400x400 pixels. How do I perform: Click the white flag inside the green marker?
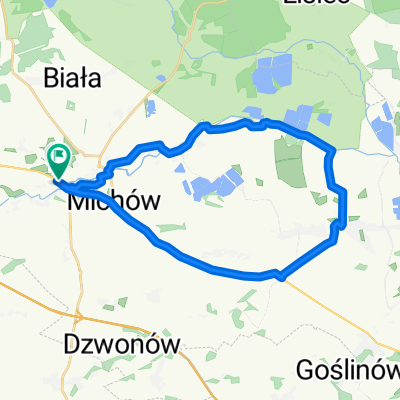[x=58, y=155]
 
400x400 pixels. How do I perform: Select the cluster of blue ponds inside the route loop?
[x=213, y=185]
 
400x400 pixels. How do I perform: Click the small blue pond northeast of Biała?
[x=150, y=107]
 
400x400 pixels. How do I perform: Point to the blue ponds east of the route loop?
[x=383, y=129]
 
